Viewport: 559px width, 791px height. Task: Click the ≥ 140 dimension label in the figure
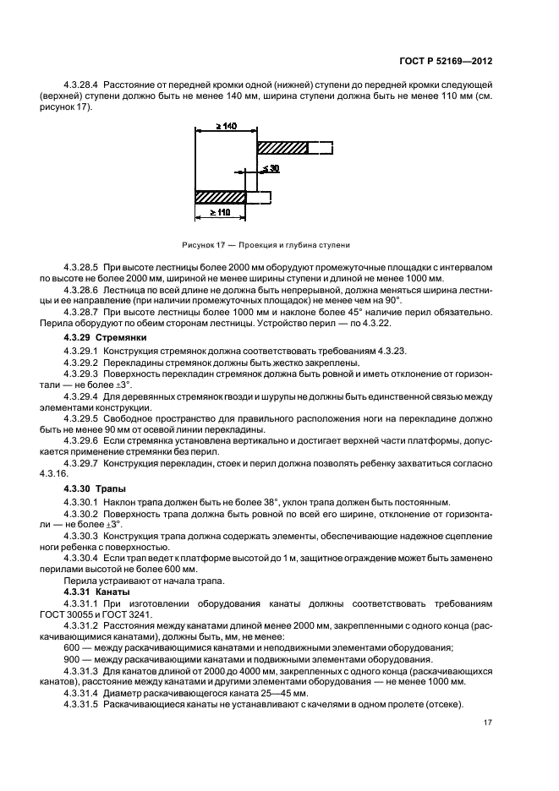225,126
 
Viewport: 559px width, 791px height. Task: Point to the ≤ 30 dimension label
270,169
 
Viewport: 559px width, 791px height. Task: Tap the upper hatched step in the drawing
282,148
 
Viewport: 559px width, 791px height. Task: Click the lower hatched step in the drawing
220,198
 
